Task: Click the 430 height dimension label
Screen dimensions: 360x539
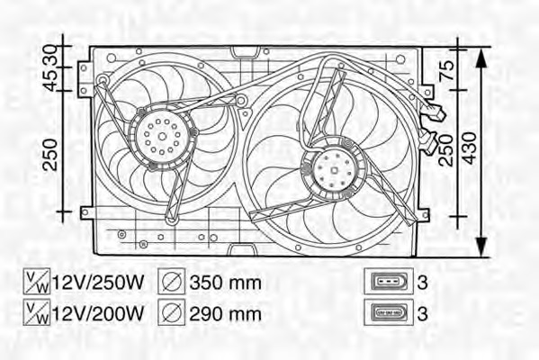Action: tap(472, 144)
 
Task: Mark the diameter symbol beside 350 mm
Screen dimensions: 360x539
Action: tap(172, 283)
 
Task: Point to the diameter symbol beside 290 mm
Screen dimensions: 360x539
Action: tap(172, 313)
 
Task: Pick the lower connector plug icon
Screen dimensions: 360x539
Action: tap(388, 313)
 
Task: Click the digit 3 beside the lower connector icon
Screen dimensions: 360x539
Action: tap(424, 313)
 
